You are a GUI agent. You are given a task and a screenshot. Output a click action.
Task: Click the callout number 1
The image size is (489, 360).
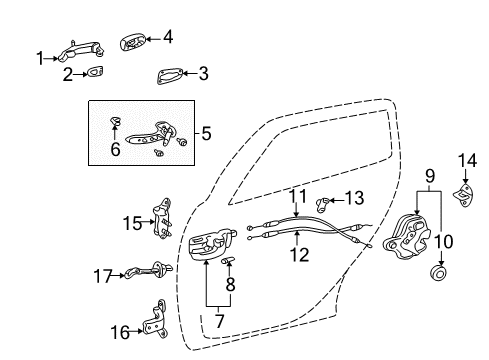point(41,59)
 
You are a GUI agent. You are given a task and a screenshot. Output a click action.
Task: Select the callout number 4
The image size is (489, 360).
point(168,37)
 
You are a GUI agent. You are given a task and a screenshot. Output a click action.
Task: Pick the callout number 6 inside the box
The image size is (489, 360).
point(114,150)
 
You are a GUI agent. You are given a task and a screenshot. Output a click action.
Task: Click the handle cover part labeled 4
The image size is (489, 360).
point(133,42)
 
